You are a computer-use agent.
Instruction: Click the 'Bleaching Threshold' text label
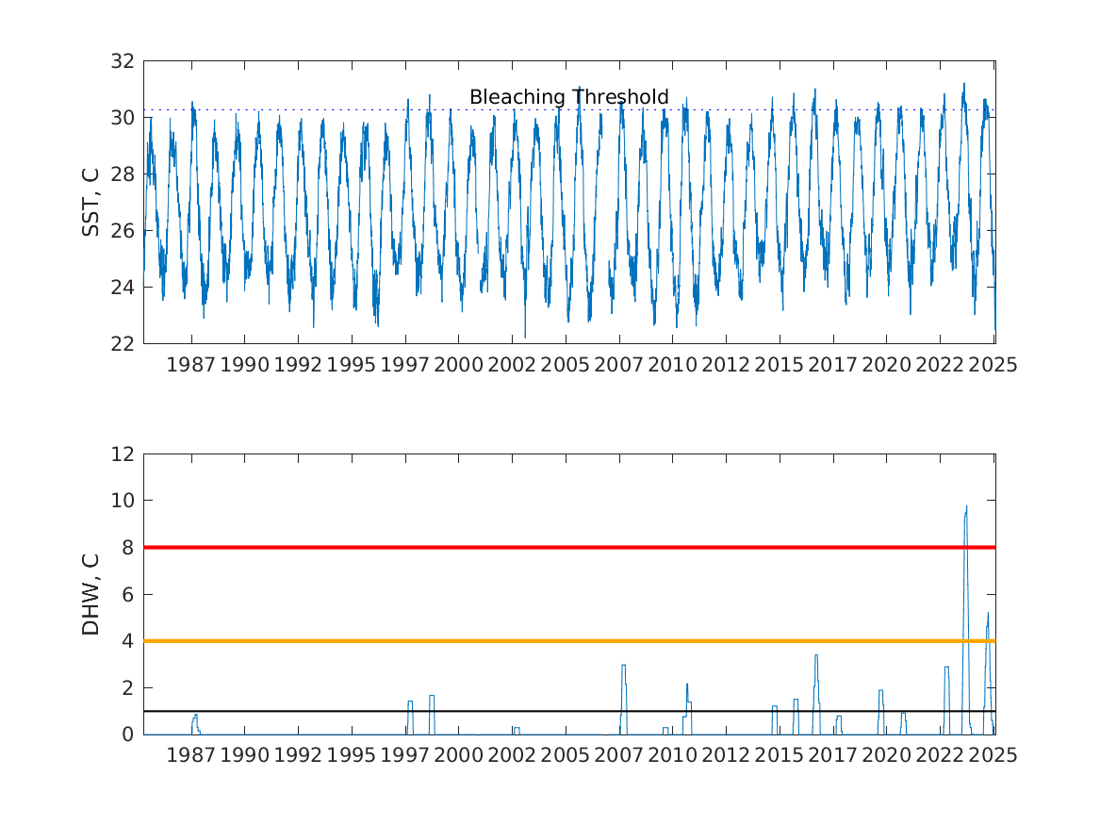pyautogui.click(x=569, y=97)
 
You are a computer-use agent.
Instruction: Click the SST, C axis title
pyautogui.click(x=90, y=202)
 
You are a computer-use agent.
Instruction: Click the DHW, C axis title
pyautogui.click(x=90, y=595)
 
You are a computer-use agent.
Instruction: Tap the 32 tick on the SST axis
pyautogui.click(x=123, y=61)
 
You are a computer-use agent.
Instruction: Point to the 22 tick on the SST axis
pyautogui.click(x=123, y=344)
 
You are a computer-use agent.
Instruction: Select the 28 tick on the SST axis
pyautogui.click(x=123, y=174)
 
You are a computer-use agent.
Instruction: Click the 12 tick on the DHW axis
pyautogui.click(x=123, y=454)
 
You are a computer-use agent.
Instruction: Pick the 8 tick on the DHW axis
pyautogui.click(x=127, y=547)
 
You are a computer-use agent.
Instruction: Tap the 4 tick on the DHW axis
pyautogui.click(x=127, y=641)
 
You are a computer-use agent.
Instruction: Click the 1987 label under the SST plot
pyautogui.click(x=190, y=365)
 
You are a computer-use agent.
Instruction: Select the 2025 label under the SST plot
pyautogui.click(x=993, y=365)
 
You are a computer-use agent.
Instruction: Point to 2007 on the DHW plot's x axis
pyautogui.click(x=618, y=755)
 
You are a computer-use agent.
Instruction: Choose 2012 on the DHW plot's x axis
pyautogui.click(x=726, y=755)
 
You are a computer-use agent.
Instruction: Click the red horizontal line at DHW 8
pyautogui.click(x=569, y=547)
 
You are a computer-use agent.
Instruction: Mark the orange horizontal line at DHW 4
pyautogui.click(x=569, y=641)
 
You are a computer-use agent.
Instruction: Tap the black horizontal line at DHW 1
pyautogui.click(x=569, y=711)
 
